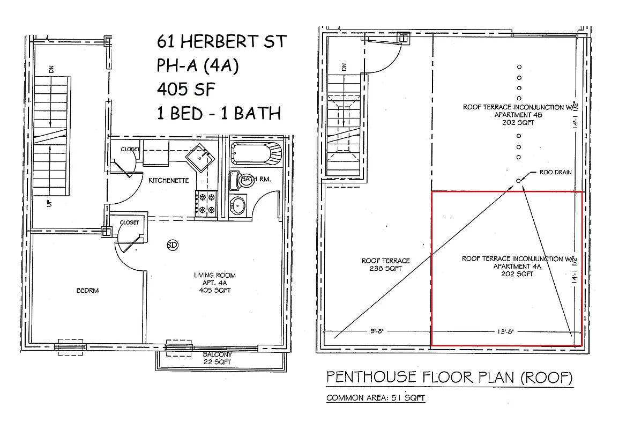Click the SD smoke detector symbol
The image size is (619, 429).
pos(173,245)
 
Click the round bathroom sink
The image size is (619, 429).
pos(238,205)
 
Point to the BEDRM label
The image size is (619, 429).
pos(88,290)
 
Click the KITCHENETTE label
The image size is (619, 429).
pos(169,181)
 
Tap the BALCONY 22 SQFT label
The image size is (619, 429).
pos(217,358)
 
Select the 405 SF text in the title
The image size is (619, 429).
pos(186,89)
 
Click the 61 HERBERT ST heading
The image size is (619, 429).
pos(222,41)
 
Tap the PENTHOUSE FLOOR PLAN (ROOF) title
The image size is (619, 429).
pos(449,378)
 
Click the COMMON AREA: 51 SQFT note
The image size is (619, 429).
pos(376,398)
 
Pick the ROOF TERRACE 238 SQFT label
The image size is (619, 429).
pos(385,264)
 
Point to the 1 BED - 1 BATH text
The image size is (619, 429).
pos(219,113)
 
